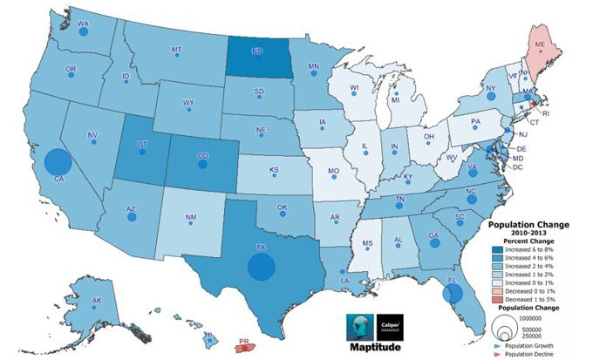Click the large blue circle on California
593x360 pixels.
click(57, 163)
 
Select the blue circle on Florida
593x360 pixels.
click(452, 294)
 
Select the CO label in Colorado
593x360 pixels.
click(202, 158)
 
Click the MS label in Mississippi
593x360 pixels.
click(367, 242)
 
